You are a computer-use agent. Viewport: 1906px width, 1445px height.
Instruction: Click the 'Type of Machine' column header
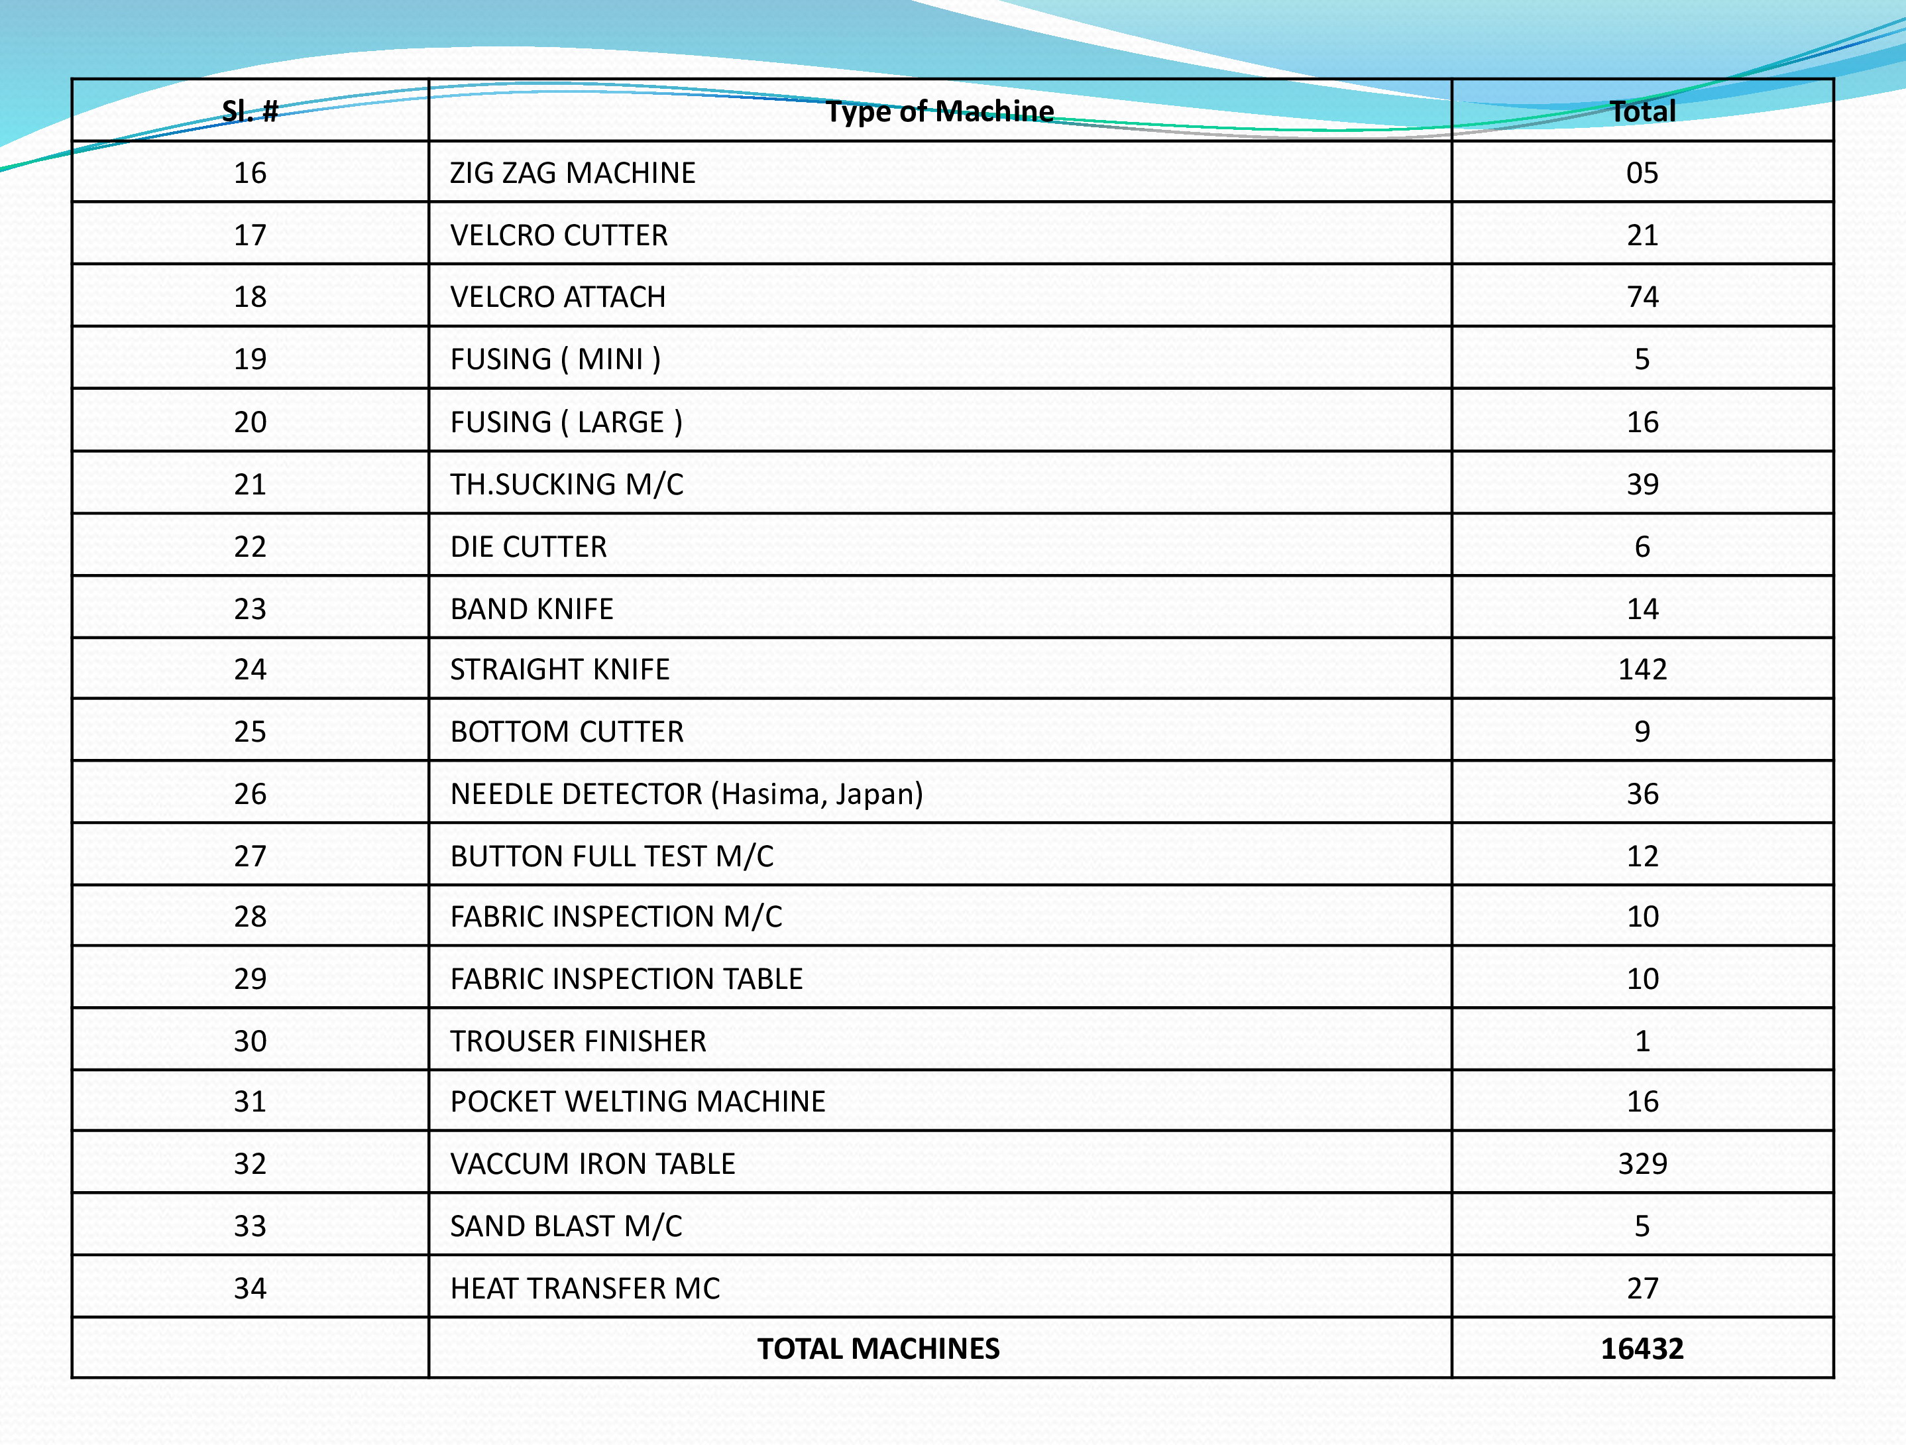pos(939,111)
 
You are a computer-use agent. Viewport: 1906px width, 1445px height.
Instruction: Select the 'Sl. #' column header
pos(250,111)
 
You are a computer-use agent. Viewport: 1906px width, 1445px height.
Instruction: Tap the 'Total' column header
pos(1642,111)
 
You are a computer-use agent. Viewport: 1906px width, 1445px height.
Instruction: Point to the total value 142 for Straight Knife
pos(1642,669)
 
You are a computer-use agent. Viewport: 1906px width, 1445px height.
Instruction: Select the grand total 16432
pos(1642,1348)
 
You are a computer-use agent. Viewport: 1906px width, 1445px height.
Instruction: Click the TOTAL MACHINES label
pos(878,1348)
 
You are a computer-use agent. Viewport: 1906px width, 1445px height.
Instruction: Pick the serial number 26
pos(250,793)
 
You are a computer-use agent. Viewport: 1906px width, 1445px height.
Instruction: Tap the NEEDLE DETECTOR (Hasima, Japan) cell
pos(686,793)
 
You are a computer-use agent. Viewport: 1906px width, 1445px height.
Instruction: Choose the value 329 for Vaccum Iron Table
pos(1642,1164)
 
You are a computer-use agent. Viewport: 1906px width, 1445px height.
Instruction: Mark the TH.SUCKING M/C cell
pos(566,485)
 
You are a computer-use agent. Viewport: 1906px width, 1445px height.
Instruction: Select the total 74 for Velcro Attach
pos(1642,297)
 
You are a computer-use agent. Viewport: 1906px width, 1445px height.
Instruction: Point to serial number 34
pos(250,1288)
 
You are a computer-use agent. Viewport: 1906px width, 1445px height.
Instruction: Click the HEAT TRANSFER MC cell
pos(585,1288)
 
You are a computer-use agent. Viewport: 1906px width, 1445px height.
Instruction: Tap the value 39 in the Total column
pos(1642,485)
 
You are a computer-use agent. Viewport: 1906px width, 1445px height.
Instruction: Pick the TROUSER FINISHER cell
pos(577,1041)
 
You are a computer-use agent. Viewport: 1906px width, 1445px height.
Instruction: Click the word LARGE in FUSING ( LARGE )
pos(620,422)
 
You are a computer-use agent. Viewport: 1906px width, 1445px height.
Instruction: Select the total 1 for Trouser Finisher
pos(1642,1041)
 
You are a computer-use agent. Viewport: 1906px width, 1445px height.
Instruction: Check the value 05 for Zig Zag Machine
pos(1642,173)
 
